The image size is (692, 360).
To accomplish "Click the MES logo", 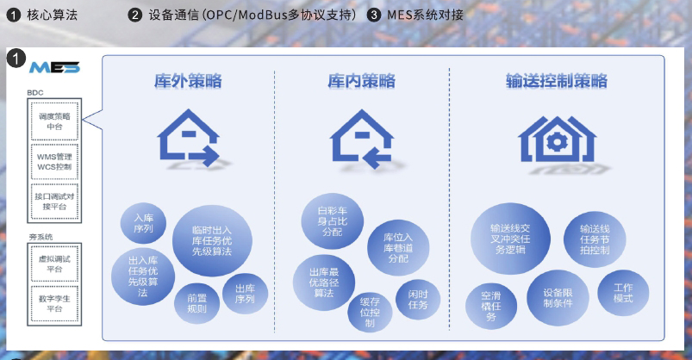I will point(54,67).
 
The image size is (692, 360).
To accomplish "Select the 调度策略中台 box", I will point(54,121).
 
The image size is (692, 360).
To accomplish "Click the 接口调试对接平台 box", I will point(54,202).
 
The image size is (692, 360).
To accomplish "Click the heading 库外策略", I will point(189,82).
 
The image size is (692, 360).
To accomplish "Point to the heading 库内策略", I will point(362,82).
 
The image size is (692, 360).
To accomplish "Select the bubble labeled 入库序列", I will point(138,224).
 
